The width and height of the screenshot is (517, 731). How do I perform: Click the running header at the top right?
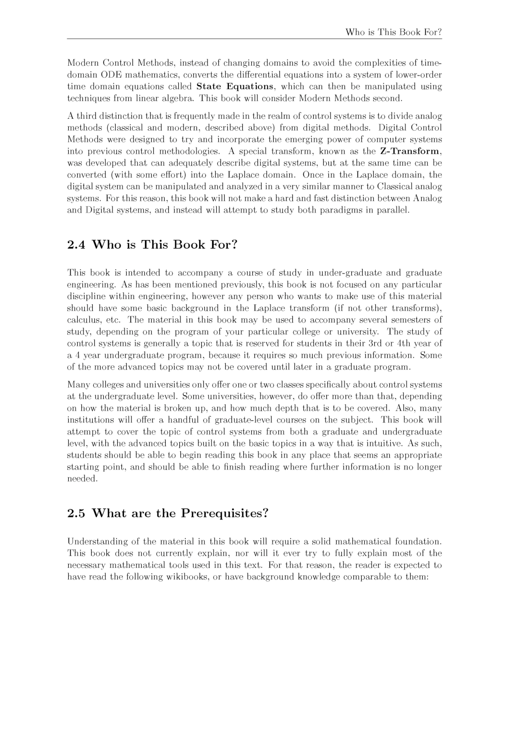[x=393, y=32]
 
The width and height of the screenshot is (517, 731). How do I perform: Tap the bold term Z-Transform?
[x=410, y=151]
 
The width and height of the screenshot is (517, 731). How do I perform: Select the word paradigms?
[x=341, y=210]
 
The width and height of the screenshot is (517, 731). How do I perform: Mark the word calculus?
[x=82, y=320]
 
